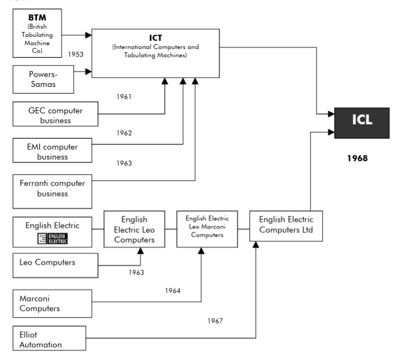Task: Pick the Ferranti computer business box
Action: tap(50, 188)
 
